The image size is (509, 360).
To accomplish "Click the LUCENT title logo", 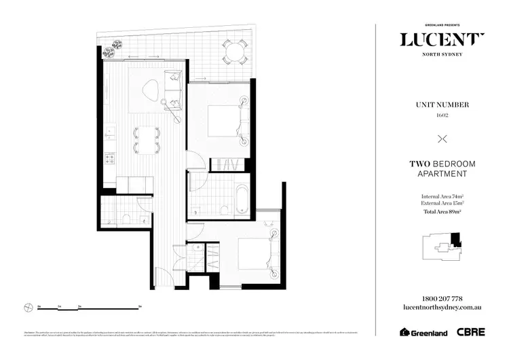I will tap(442, 39).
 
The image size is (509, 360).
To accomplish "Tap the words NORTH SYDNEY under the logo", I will tap(442, 55).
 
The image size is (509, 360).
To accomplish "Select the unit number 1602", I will tap(442, 115).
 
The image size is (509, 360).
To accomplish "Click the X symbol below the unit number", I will tap(442, 139).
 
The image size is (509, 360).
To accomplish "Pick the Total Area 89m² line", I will tap(442, 212).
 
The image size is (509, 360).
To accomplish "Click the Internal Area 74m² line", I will tap(442, 197).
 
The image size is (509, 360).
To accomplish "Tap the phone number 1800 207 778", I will tap(442, 298).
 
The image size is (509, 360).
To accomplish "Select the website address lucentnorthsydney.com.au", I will tap(442, 308).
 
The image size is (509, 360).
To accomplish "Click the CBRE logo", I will tap(470, 333).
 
